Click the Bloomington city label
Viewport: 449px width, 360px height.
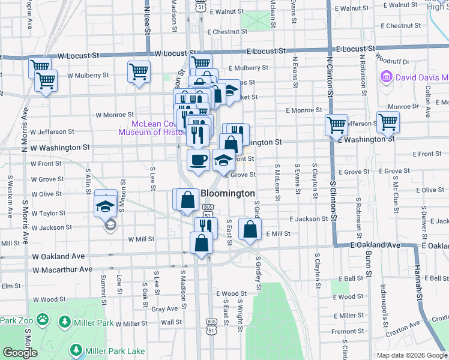[228, 194]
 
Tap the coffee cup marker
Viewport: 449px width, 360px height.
[198, 160]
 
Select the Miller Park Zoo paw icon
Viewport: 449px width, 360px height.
[43, 322]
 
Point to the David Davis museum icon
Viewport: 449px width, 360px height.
[385, 77]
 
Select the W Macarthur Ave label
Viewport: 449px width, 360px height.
[63, 269]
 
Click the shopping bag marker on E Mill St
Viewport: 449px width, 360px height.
[250, 229]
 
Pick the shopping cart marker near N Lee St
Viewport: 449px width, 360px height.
[139, 71]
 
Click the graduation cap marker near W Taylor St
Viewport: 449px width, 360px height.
[106, 205]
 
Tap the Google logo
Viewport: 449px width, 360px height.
[20, 353]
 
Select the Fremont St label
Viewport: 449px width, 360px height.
[343, 331]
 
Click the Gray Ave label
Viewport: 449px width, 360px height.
[164, 309]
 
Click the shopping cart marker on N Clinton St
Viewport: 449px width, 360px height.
[337, 125]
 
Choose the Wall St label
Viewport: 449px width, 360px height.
[171, 322]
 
